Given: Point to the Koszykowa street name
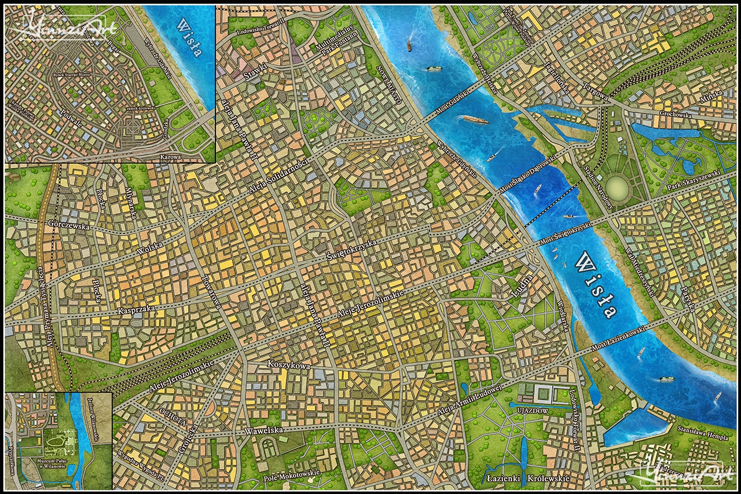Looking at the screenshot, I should click(289, 365).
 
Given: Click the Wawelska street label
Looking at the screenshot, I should click(263, 431).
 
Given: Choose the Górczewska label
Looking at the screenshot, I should click(69, 226).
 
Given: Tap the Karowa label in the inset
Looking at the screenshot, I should click(171, 156).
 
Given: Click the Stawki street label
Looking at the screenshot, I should click(255, 73).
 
